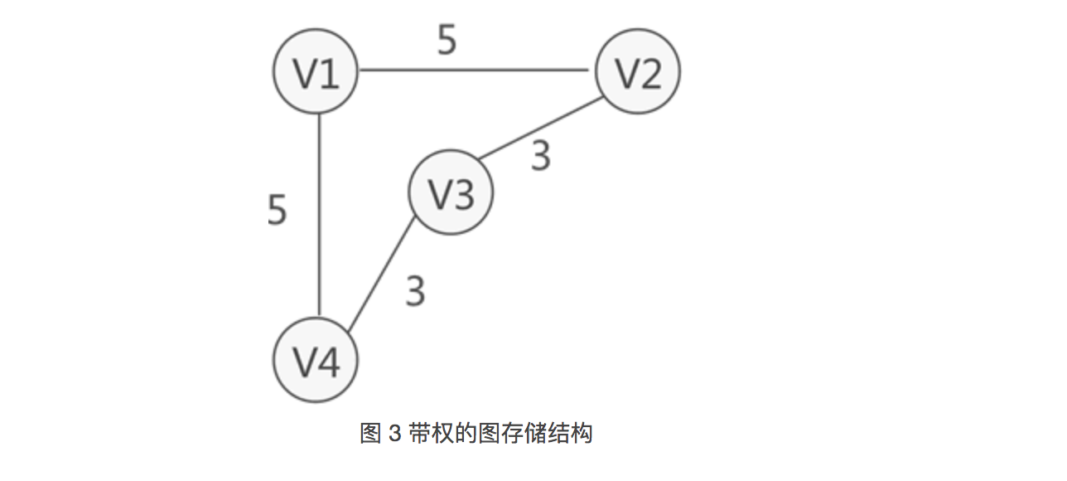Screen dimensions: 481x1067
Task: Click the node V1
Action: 316,72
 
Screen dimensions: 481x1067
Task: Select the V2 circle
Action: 638,72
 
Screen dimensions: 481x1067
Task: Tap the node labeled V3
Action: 451,192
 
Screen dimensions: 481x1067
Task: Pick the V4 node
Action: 316,361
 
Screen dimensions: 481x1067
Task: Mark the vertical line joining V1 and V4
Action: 318,216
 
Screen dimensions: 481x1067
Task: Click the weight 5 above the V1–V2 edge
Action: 447,41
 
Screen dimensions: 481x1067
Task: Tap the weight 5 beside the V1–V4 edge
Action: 278,210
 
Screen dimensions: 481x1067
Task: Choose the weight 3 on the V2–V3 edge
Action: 541,156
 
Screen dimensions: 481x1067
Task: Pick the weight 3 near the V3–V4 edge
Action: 415,291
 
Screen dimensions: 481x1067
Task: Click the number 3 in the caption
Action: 394,434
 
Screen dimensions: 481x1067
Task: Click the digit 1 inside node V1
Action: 329,74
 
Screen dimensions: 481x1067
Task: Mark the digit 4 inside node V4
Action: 329,362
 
